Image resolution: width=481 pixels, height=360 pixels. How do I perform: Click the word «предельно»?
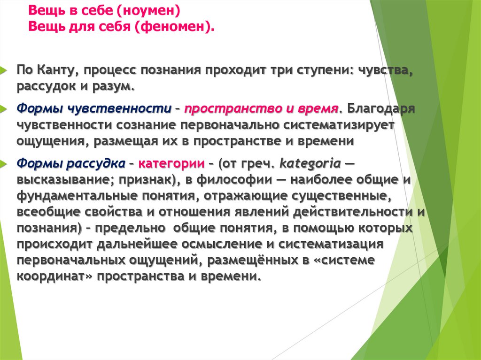[x=126, y=229]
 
